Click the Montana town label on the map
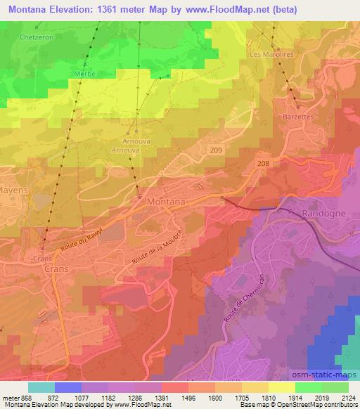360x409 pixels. [167, 202]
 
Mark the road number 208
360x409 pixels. [262, 162]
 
